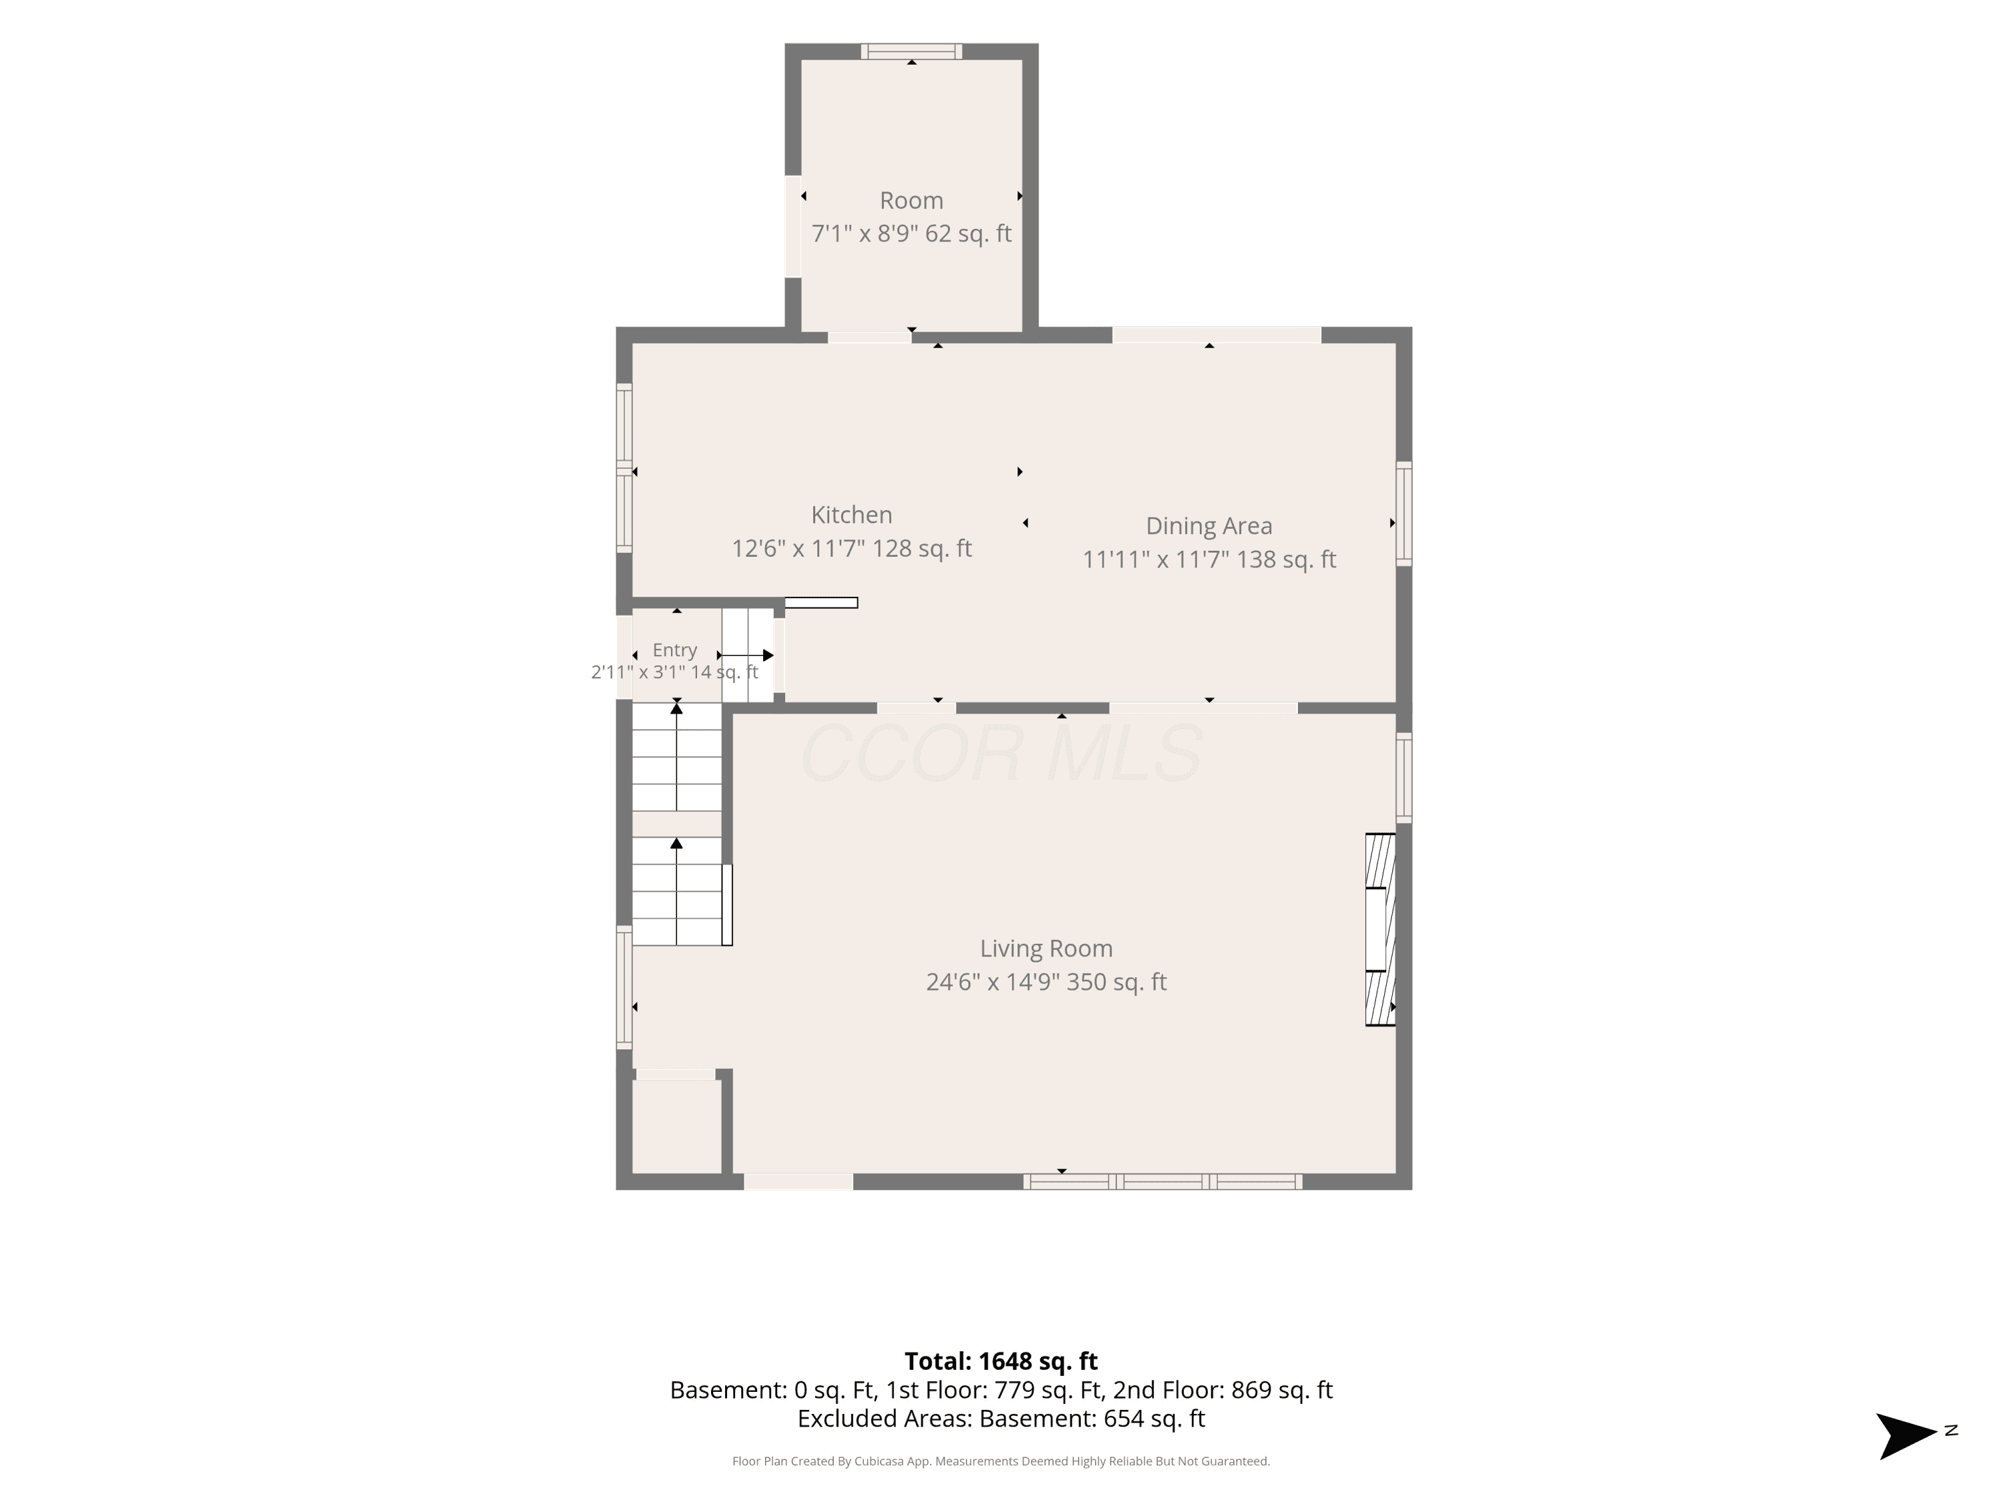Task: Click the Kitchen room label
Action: (851, 514)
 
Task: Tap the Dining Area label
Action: (1209, 525)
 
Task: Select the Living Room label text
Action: (1046, 948)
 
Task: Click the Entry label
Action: (674, 650)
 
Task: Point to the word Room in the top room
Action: (911, 200)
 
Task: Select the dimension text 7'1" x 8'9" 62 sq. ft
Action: (911, 234)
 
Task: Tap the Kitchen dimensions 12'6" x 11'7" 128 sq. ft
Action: (851, 548)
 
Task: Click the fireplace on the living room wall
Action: (1380, 929)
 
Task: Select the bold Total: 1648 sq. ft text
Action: (1001, 1360)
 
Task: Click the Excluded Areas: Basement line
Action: (1001, 1418)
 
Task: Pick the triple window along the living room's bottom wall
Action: (1162, 1182)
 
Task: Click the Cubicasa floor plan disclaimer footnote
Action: (1001, 1461)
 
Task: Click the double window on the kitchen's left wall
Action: (624, 467)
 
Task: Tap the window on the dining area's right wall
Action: (1403, 513)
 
